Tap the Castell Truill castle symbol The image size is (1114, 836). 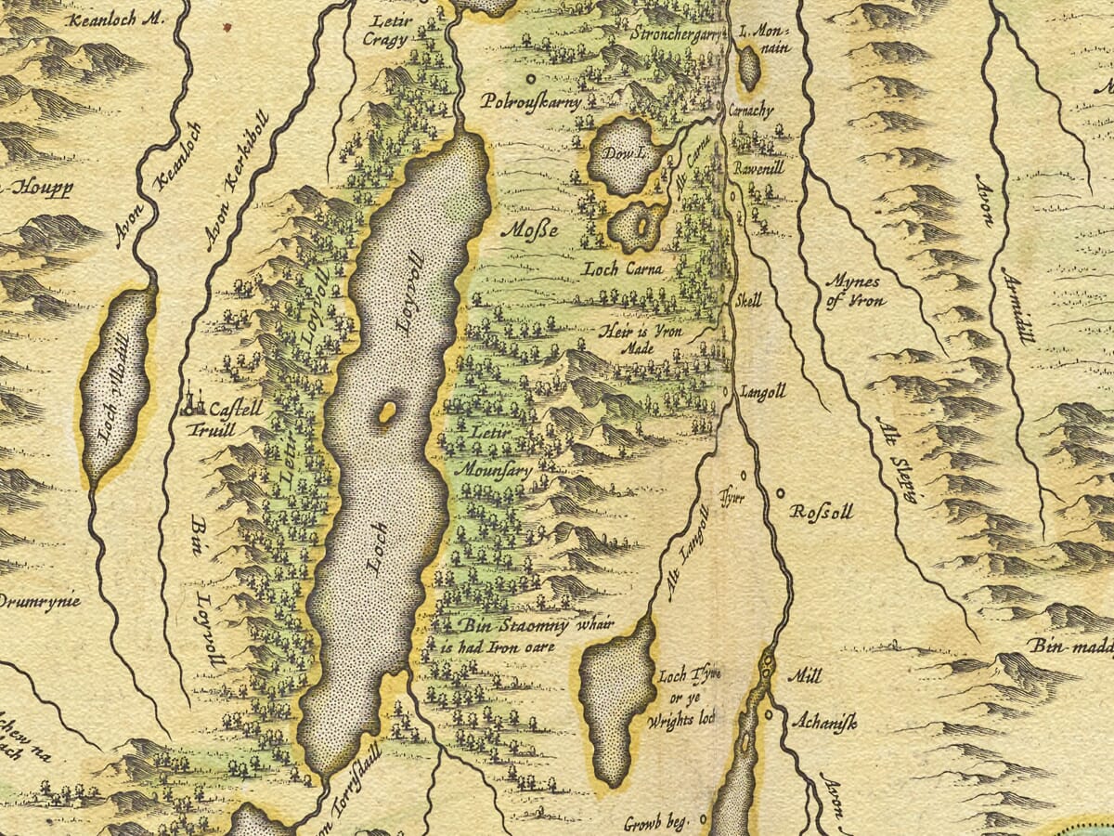193,400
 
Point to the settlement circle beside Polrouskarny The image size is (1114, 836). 532,79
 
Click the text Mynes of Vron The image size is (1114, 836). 854,289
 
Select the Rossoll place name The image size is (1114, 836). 821,512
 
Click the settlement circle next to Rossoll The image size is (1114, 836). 779,493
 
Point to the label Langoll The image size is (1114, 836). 763,393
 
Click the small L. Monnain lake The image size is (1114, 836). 748,68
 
